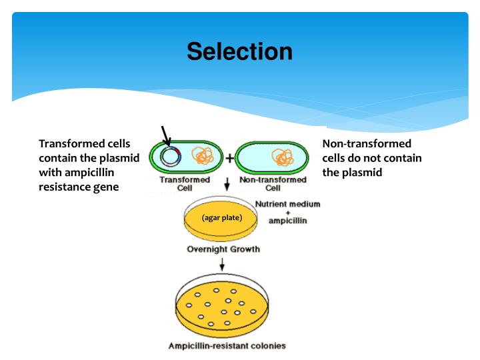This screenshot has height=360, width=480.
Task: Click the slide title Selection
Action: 239,51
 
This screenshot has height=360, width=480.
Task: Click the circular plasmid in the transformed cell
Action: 171,157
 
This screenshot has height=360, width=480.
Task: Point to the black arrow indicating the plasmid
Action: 165,135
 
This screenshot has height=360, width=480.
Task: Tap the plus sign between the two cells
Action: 230,158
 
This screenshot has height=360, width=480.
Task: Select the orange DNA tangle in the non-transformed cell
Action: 283,157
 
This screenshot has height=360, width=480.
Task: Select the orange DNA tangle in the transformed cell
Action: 203,157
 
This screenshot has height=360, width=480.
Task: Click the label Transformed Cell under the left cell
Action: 185,183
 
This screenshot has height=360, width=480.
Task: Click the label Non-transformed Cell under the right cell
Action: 273,183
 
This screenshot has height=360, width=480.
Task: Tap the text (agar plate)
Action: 221,218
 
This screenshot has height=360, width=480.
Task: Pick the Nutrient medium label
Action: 288,203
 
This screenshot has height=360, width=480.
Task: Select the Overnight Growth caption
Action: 223,249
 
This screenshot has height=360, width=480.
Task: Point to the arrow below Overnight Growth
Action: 222,263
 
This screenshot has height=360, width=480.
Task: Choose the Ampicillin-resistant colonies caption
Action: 227,345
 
